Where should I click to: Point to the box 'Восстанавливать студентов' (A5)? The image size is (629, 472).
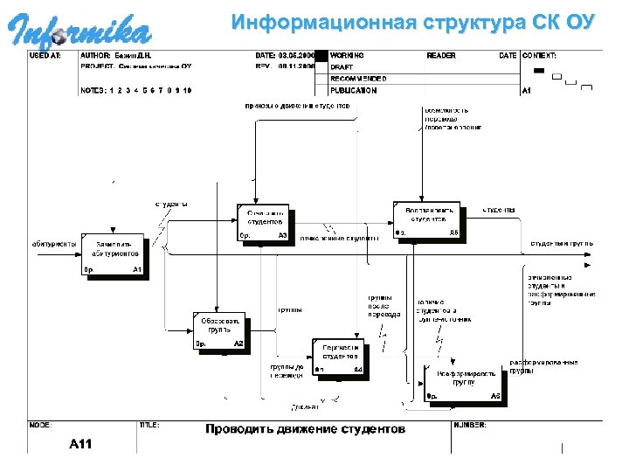tap(428, 221)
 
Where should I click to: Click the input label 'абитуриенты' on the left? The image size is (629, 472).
tap(53, 244)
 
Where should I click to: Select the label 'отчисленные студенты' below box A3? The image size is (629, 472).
tap(339, 238)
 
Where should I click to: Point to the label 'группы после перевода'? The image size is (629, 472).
tap(384, 306)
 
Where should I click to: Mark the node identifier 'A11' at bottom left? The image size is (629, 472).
tap(81, 444)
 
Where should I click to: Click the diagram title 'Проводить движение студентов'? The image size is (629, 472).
tap(305, 429)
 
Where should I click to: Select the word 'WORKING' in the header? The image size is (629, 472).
tap(348, 55)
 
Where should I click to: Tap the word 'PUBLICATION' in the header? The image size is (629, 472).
tap(354, 90)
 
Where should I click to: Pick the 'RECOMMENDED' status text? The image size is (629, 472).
tap(358, 79)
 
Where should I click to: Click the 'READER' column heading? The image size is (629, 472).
tap(441, 55)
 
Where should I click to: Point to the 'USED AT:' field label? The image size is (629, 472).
tap(45, 55)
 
